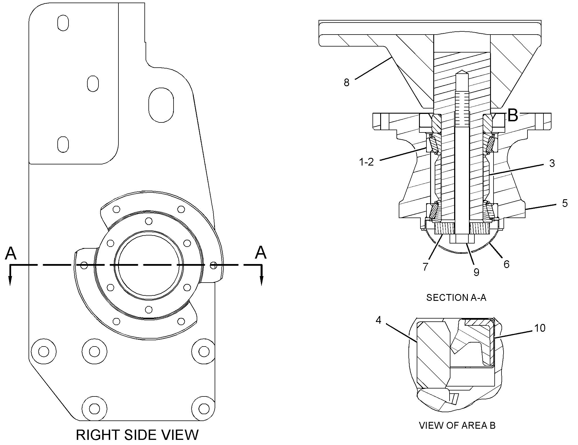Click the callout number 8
[347, 83]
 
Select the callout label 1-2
[366, 162]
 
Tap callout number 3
[552, 163]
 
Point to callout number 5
[565, 204]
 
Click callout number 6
[506, 264]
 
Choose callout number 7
[425, 267]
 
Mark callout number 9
[476, 272]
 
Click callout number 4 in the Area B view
[378, 320]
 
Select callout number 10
[539, 328]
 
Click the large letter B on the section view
[513, 116]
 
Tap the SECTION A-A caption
[456, 298]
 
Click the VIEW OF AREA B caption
[457, 433]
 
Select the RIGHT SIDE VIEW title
[137, 435]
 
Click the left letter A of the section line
[11, 253]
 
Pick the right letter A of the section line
[261, 253]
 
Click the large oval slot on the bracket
[161, 105]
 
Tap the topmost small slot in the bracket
[63, 23]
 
